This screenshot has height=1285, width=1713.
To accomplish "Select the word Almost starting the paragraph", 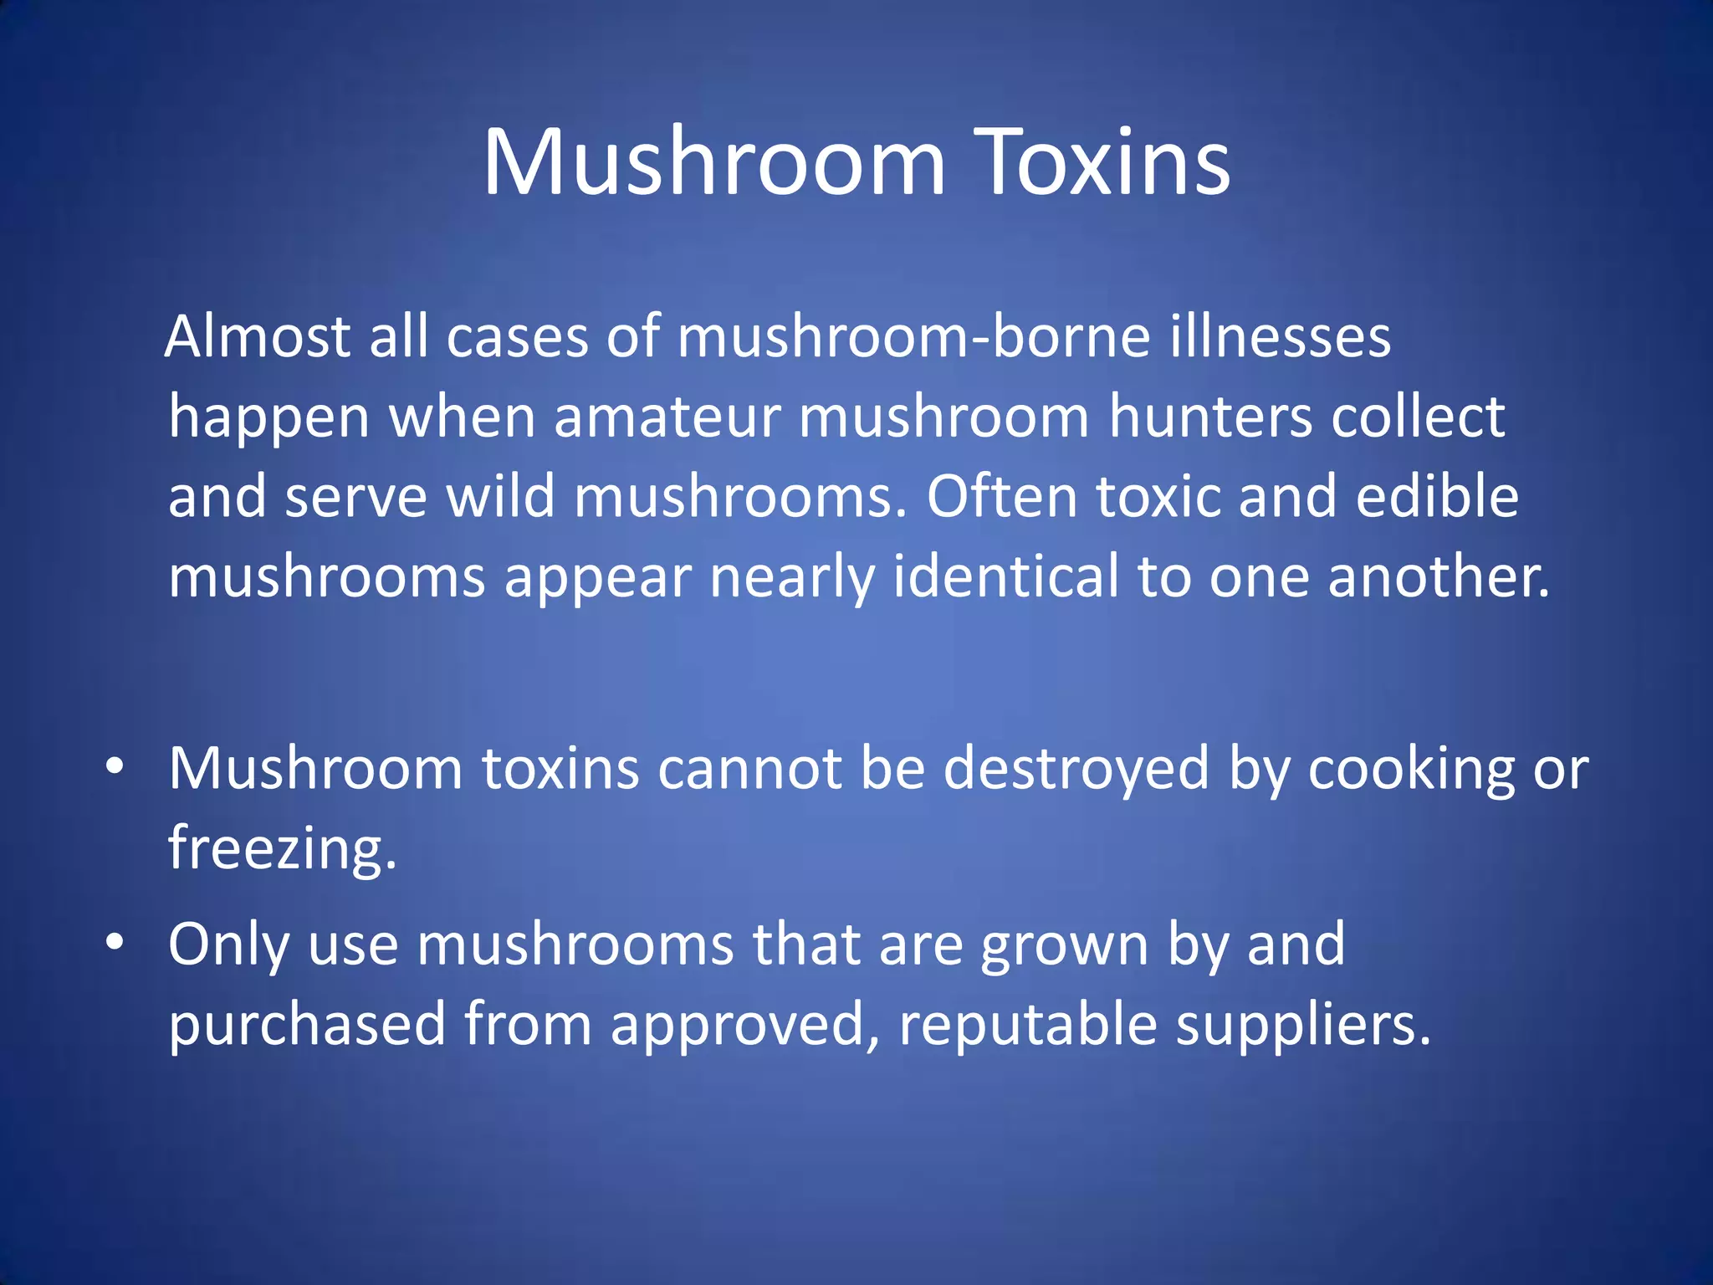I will [258, 337].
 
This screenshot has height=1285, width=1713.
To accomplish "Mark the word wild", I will [500, 497].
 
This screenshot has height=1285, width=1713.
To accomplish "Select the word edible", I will [1436, 497].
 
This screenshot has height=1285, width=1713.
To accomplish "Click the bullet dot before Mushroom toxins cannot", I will [115, 765].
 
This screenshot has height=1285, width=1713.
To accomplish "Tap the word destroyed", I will [1076, 769].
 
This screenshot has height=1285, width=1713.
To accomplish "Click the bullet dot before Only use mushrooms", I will [115, 942].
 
